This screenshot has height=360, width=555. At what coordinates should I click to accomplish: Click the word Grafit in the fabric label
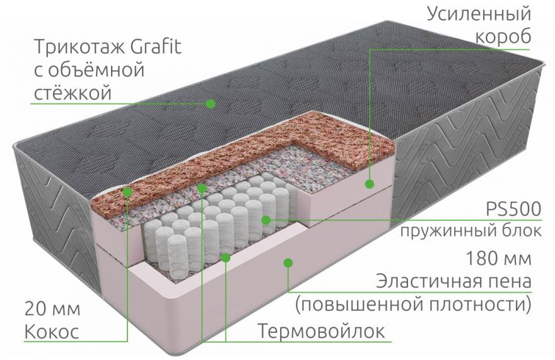coord(156,47)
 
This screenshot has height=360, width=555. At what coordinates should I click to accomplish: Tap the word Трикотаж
coord(79,48)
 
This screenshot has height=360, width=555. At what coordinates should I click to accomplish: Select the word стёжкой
coord(73,93)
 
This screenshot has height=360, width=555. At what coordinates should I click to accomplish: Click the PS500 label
coord(513,209)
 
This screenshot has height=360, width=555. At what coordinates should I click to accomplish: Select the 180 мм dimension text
coord(499,258)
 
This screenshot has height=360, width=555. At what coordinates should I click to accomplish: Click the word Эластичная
coord(426,282)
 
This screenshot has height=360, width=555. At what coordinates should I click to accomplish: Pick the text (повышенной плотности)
coord(414,305)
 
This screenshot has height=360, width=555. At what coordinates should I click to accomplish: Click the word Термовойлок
coord(321,332)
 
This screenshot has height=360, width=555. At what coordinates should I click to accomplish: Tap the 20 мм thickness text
coord(52,309)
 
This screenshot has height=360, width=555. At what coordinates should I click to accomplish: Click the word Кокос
coord(51,332)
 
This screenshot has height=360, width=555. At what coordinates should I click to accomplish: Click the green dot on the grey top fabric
coord(211,103)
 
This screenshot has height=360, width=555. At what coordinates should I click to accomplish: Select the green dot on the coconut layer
coord(127,192)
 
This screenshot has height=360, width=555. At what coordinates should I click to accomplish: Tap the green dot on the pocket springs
coord(266,220)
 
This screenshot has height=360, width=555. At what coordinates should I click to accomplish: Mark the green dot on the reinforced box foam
coord(370,183)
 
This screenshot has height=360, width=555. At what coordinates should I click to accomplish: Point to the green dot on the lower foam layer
coord(288,262)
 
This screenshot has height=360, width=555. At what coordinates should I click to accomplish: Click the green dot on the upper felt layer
coord(201,189)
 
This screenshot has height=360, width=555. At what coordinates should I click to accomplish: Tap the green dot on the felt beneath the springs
coord(226,257)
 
